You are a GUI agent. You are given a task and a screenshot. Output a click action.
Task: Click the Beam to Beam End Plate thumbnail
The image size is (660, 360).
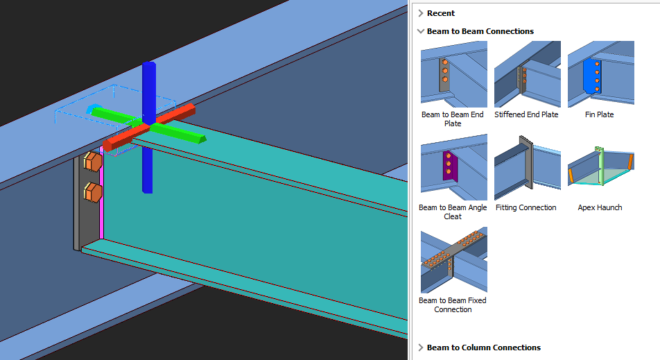click(x=453, y=74)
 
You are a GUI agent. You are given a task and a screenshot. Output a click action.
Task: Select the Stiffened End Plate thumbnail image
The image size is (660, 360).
click(x=527, y=74)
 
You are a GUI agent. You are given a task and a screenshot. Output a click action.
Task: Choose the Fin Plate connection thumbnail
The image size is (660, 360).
click(x=600, y=74)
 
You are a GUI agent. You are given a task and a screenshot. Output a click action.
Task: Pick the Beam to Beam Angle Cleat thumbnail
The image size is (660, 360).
click(x=453, y=167)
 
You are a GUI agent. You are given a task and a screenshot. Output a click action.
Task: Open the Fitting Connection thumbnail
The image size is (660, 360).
click(x=527, y=167)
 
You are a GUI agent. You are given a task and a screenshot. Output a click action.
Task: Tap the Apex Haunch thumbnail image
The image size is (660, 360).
click(x=600, y=167)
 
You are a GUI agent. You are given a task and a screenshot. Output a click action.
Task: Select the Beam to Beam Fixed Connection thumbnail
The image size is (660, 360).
click(x=453, y=260)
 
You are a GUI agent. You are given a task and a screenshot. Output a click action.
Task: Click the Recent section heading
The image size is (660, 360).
click(x=441, y=13)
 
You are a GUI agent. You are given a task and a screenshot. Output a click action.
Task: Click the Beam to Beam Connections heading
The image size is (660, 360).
click(x=480, y=31)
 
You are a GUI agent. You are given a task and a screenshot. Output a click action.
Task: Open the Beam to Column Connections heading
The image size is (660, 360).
click(x=483, y=348)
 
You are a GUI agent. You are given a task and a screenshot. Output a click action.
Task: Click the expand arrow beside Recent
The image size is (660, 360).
click(x=421, y=13)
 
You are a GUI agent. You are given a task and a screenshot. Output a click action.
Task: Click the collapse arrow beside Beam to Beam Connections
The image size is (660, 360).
click(x=421, y=31)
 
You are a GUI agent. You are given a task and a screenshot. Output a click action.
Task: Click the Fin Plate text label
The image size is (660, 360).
click(x=600, y=114)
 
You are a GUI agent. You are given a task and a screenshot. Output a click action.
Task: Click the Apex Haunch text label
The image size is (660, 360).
click(x=600, y=207)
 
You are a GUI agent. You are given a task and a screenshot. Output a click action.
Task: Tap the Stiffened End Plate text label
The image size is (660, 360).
click(x=526, y=114)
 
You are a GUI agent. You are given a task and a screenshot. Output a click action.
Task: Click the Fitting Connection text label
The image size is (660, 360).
click(x=527, y=207)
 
